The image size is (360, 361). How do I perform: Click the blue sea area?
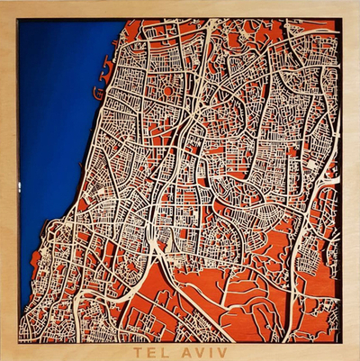click(54, 135)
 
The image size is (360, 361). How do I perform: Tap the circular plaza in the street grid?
click(166, 91)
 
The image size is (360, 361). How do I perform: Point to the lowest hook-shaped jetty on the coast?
click(94, 93)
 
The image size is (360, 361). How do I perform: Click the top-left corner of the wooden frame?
click(4, 5)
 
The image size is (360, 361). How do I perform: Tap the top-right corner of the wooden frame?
click(355, 5)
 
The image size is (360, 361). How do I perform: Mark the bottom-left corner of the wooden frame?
click(4, 356)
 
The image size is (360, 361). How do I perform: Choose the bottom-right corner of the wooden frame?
click(355, 356)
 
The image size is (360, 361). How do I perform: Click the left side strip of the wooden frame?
click(8, 180)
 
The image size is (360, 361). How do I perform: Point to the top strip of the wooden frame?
click(180, 8)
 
